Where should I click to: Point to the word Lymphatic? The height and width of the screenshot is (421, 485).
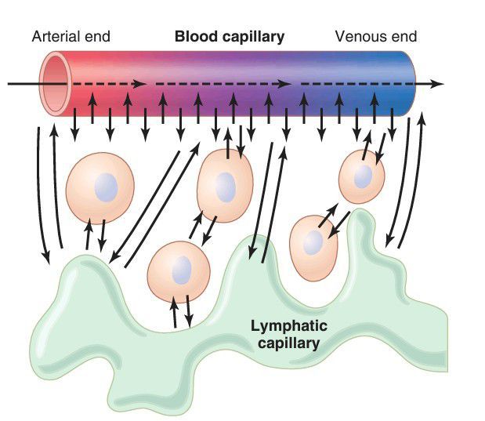288,325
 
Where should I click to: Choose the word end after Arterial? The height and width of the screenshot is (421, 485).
97,37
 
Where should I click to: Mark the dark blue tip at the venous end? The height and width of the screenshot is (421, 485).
407,83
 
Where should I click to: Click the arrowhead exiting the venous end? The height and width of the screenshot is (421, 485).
439,82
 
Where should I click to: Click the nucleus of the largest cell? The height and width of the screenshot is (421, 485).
105,188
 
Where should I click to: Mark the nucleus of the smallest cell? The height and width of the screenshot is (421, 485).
363,176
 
